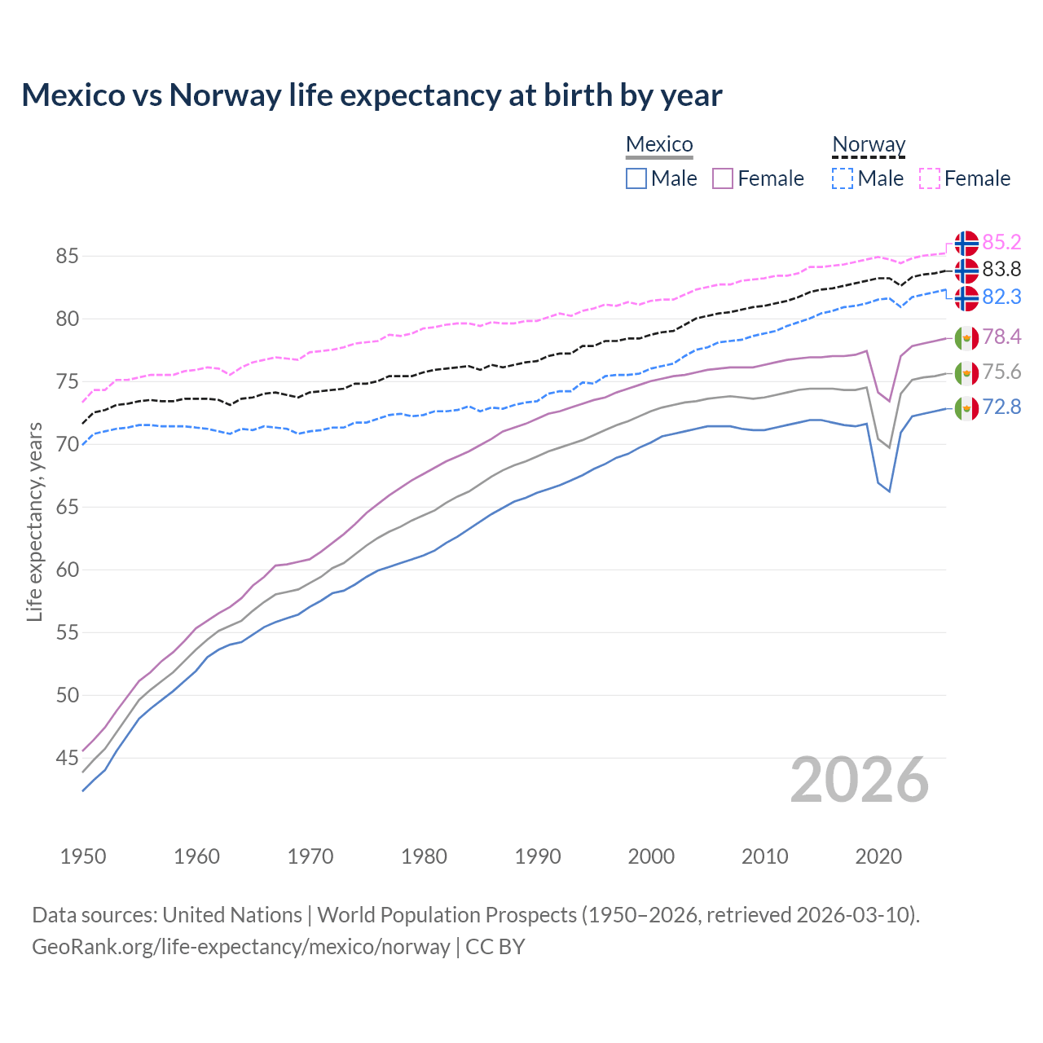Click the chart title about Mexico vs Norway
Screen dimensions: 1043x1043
tap(372, 95)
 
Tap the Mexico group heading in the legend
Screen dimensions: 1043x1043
tap(659, 144)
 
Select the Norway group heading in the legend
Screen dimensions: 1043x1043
tap(869, 144)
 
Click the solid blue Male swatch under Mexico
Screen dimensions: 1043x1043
tap(636, 178)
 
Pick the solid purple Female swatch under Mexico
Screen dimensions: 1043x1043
tap(723, 178)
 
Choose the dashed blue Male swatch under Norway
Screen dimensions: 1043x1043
tap(843, 178)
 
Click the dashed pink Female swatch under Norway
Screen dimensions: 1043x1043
tap(930, 178)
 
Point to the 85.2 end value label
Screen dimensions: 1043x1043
tap(1001, 242)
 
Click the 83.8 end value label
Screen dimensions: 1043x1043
tap(1001, 269)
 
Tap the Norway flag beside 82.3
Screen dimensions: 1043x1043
tap(966, 298)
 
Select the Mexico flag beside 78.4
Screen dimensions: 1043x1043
tap(966, 337)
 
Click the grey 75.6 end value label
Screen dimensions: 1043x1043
tap(1001, 372)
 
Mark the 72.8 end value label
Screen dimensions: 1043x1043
tap(1001, 407)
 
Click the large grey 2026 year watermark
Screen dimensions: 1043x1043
tap(860, 780)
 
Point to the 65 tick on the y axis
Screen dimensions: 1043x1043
tap(67, 507)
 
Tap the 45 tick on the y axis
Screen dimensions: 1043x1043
tap(67, 758)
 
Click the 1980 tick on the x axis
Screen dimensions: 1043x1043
tap(424, 856)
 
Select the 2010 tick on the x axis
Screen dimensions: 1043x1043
tap(764, 856)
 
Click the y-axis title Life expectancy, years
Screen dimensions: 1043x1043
tap(34, 521)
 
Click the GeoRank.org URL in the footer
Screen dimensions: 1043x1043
tap(241, 946)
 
